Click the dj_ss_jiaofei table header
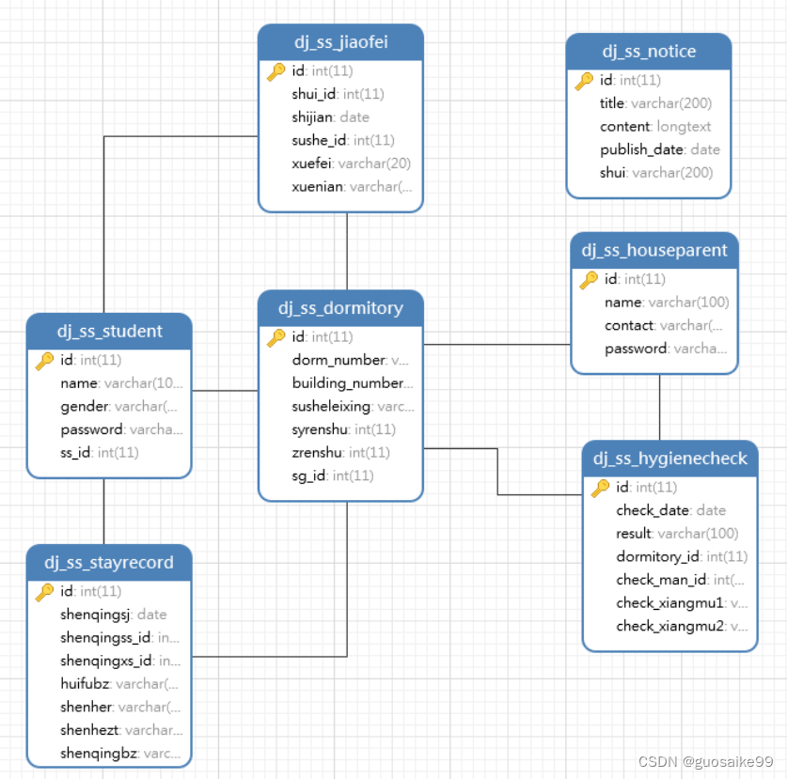[x=340, y=42]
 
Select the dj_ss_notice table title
[x=649, y=52]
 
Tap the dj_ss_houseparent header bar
[x=654, y=250]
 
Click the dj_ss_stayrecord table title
[x=109, y=563]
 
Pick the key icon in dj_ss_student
[x=44, y=361]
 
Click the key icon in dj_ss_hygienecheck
[x=600, y=488]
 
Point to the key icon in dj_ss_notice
[x=584, y=81]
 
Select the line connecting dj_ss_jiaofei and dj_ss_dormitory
[x=347, y=251]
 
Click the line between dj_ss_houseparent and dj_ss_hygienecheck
[x=660, y=407]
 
